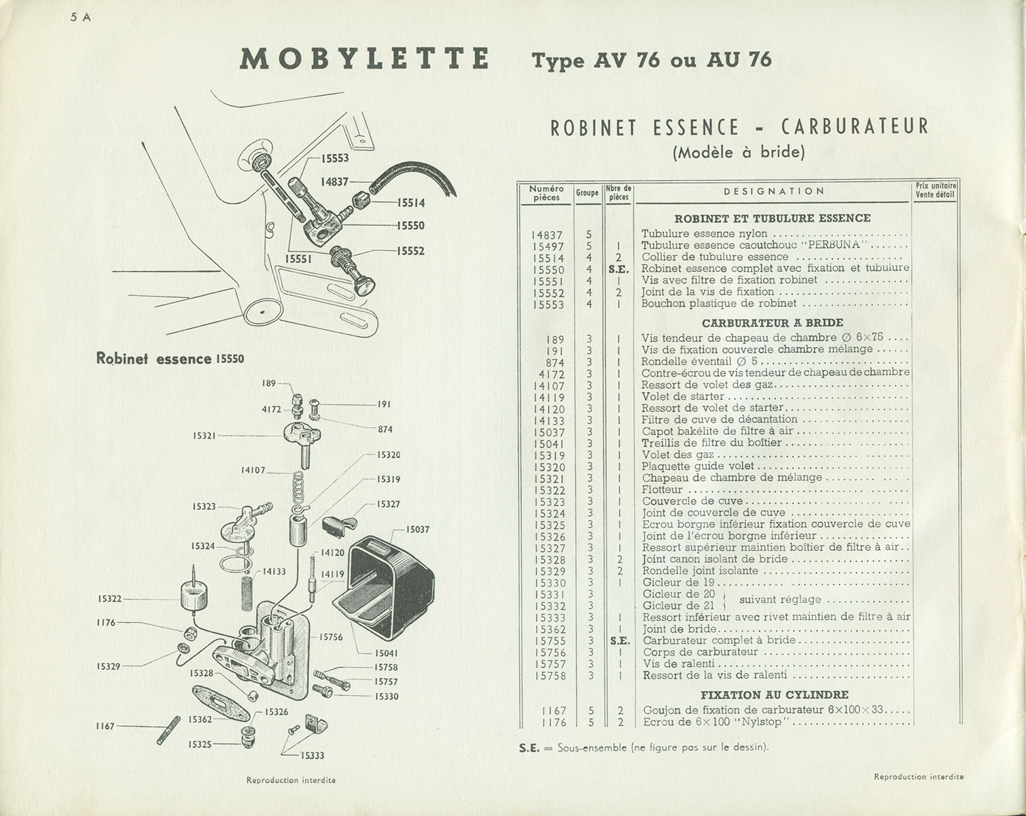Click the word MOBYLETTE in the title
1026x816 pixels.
[x=365, y=59]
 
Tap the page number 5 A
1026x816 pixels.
[x=81, y=18]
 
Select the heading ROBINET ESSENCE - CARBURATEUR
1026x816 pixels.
[x=738, y=127]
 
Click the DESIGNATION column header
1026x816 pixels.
[x=774, y=192]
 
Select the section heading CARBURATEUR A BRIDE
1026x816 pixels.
[x=772, y=323]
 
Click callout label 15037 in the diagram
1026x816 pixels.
[x=417, y=530]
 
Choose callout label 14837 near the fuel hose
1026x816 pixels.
[x=335, y=182]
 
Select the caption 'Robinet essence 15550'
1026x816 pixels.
[x=171, y=358]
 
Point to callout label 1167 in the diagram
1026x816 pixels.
[x=105, y=726]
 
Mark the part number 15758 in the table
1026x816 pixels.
[x=550, y=676]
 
